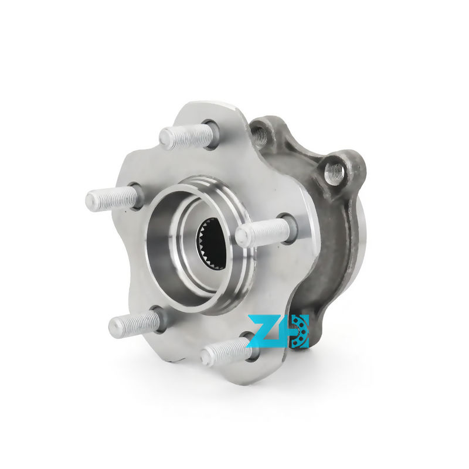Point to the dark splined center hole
coord(211,241)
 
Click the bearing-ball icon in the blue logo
coord(300,331)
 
